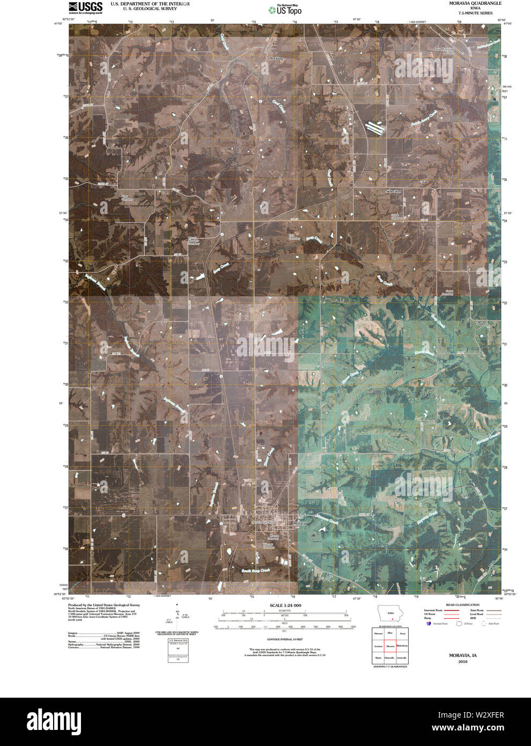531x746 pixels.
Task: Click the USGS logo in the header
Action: (85, 6)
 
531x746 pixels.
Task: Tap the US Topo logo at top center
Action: (285, 9)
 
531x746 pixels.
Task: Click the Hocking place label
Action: (276, 58)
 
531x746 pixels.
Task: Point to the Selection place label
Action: (393, 191)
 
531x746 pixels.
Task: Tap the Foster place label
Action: (480, 324)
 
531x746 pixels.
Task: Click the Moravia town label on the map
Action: (299, 523)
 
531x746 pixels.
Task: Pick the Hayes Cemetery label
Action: (396, 217)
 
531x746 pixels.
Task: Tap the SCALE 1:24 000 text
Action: (285, 605)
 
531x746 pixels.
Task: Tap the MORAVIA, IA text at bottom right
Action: (463, 655)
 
